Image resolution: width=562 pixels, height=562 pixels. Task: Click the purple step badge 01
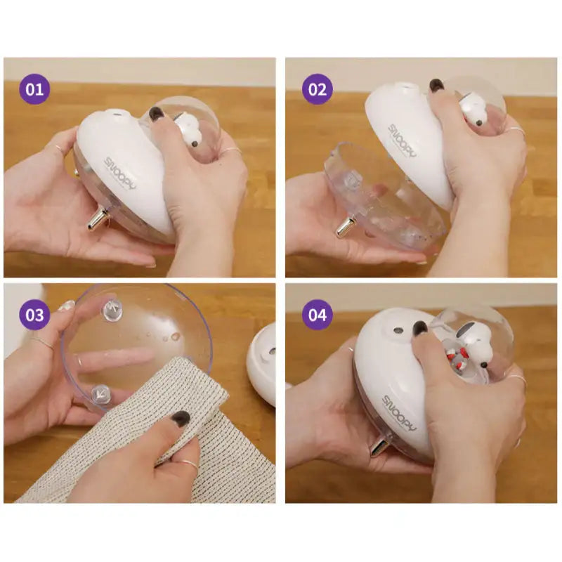point(34,89)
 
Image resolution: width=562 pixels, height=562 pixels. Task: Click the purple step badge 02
point(318,89)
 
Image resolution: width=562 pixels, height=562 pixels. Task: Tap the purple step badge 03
point(34,315)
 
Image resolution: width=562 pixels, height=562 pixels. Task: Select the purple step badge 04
point(318,315)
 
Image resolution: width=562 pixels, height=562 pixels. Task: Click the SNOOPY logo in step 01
point(120,174)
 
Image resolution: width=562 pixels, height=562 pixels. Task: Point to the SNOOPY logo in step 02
point(403,140)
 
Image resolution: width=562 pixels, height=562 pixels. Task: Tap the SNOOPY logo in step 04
point(400,412)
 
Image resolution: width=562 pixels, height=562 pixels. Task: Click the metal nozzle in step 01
point(98,219)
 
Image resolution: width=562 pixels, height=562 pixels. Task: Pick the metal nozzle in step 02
point(346,226)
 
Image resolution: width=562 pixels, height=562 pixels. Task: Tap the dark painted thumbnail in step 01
point(156,113)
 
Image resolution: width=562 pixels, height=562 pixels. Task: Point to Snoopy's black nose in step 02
point(479,123)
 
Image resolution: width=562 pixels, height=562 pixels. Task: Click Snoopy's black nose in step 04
point(484,365)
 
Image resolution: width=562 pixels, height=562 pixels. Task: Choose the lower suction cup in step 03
point(100,394)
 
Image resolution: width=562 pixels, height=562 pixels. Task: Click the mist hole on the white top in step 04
point(398,329)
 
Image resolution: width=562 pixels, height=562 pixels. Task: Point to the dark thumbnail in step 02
point(436,85)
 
